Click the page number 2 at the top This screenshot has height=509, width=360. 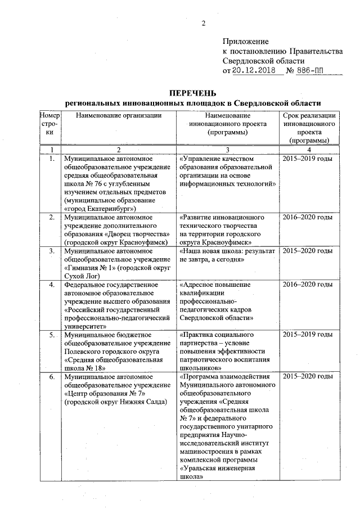click(x=204, y=24)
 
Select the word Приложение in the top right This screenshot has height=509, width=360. click(x=246, y=42)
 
